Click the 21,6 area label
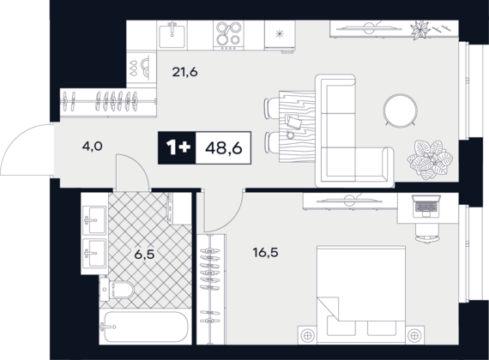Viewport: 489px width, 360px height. tap(185, 72)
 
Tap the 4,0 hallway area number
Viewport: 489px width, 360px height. tap(93, 146)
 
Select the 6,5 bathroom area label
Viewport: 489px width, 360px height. tap(144, 255)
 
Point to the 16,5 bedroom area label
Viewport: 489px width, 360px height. tap(266, 253)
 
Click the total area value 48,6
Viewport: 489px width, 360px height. tap(224, 148)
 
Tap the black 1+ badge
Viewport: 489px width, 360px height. tap(177, 147)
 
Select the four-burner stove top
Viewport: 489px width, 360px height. tap(228, 35)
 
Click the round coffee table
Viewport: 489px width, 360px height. tap(401, 111)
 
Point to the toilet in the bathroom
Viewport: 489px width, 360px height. tap(117, 290)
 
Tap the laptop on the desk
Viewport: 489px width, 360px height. tap(426, 206)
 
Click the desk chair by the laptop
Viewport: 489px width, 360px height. tap(427, 232)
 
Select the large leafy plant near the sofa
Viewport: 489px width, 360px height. tap(431, 160)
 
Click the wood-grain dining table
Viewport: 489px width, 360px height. tap(297, 127)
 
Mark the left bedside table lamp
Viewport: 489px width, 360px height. tap(307, 335)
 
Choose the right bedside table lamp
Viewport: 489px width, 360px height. tap(414, 335)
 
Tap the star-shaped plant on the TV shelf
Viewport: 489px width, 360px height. tap(419, 30)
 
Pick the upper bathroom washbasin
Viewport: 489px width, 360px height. tap(94, 220)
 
